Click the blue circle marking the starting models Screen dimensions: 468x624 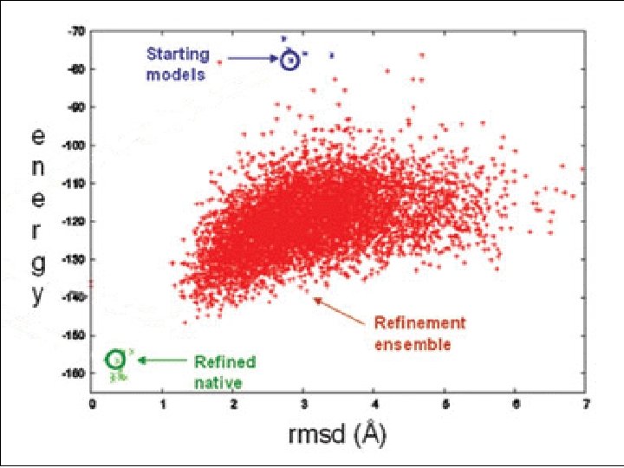pos(290,59)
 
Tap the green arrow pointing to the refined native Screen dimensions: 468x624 pos(161,359)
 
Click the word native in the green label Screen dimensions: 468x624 pos(218,382)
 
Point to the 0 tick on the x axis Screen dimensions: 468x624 pos(92,402)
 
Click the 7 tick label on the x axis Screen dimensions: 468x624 pos(585,402)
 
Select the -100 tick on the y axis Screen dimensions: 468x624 pos(75,146)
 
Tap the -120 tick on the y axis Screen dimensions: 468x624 pos(75,221)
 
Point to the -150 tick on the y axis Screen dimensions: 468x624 pos(75,335)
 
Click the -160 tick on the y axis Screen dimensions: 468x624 pos(75,373)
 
